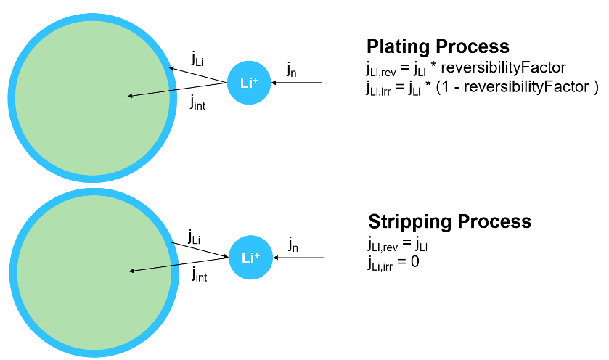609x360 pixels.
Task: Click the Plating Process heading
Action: pyautogui.click(x=438, y=47)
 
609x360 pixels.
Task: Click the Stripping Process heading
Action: pyautogui.click(x=449, y=221)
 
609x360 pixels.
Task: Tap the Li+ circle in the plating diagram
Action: pyautogui.click(x=249, y=82)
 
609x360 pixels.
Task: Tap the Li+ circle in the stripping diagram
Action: pyautogui.click(x=250, y=257)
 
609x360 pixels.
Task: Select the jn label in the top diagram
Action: pyautogui.click(x=291, y=70)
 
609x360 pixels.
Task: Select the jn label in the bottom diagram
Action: pyautogui.click(x=293, y=244)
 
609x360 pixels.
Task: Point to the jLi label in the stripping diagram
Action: pyautogui.click(x=195, y=237)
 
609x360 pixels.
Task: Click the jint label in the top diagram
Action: pyautogui.click(x=197, y=103)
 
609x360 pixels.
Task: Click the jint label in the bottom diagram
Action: pyautogui.click(x=200, y=275)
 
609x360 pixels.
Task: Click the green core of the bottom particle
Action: pyautogui.click(x=91, y=272)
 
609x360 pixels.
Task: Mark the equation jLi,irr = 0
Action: pyautogui.click(x=393, y=261)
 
